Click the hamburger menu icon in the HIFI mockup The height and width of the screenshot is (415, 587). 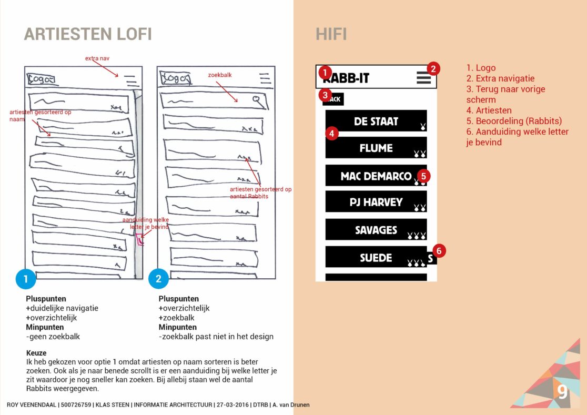[x=423, y=78]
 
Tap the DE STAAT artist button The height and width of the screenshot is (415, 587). [x=376, y=121]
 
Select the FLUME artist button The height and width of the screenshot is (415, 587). [x=376, y=148]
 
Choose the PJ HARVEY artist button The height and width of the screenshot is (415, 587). [x=376, y=202]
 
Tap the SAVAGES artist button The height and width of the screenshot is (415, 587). [x=376, y=230]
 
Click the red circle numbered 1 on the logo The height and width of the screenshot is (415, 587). [x=325, y=72]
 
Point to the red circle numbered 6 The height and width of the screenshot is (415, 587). [x=439, y=251]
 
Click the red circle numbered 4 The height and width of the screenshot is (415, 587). [x=331, y=134]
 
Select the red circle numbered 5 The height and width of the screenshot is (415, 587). [x=423, y=176]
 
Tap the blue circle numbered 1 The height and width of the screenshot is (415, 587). [x=26, y=279]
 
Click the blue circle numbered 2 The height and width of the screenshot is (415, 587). [x=158, y=279]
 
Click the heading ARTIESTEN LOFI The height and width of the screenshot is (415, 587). [x=88, y=34]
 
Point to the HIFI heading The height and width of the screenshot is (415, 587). [x=331, y=34]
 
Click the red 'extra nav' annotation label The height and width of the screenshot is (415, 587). [x=97, y=58]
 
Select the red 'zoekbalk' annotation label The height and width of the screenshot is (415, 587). [x=220, y=75]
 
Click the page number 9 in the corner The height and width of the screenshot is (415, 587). [x=562, y=392]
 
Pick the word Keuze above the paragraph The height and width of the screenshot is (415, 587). [x=36, y=353]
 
